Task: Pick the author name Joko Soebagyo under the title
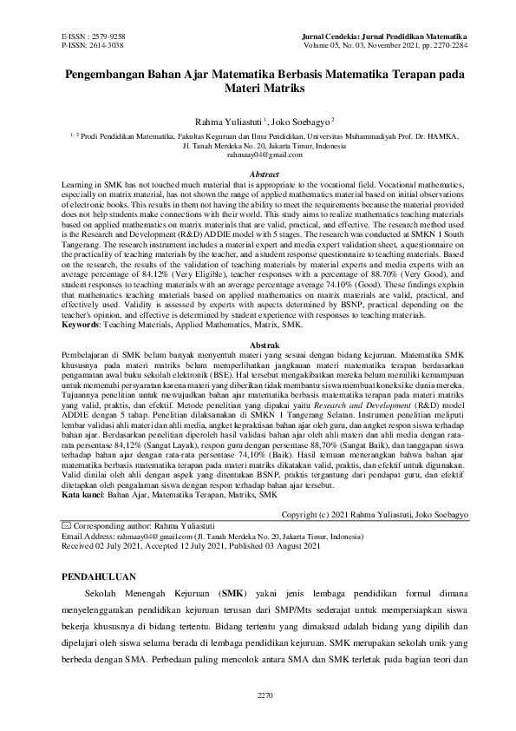click(x=300, y=123)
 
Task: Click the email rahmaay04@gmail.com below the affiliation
click(x=258, y=155)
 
